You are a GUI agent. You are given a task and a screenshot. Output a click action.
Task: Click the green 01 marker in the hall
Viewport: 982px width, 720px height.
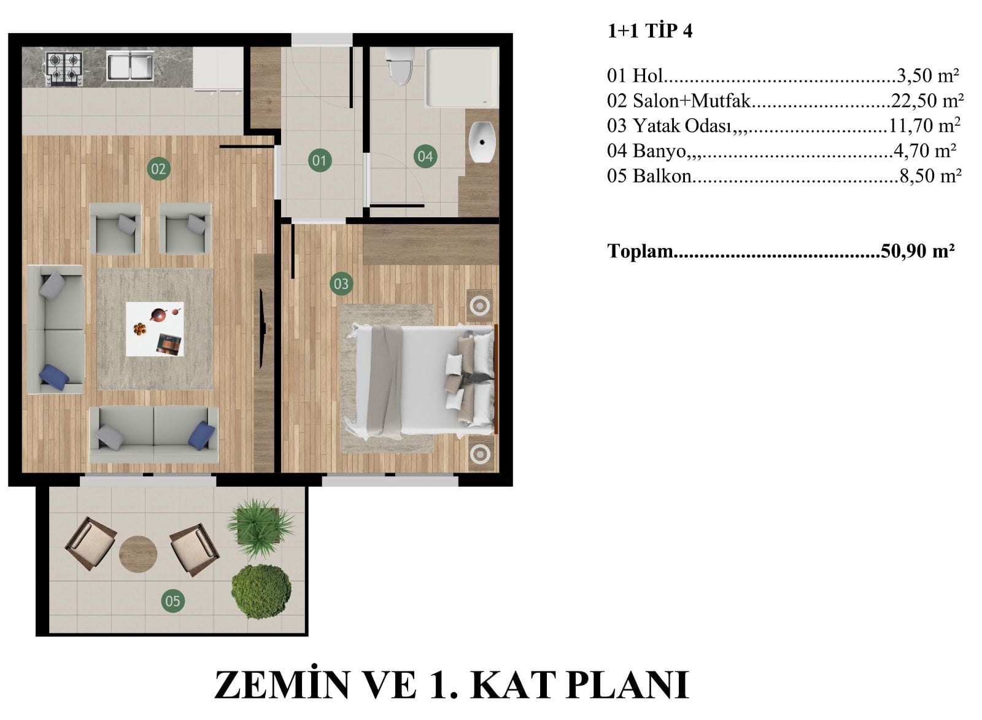(320, 160)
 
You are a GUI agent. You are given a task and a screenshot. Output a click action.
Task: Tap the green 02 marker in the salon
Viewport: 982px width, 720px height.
(158, 169)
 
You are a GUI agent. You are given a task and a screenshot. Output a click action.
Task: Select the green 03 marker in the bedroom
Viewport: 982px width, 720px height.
(341, 284)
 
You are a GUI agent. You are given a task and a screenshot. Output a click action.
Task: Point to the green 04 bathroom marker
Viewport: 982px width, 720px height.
(425, 156)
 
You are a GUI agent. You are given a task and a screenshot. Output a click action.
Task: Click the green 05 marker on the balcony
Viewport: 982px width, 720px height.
(172, 601)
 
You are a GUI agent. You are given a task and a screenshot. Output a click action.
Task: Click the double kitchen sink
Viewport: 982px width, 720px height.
(130, 66)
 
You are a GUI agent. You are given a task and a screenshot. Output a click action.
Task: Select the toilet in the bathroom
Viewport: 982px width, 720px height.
(400, 66)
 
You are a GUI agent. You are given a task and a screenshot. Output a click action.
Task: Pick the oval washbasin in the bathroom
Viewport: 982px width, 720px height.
(482, 142)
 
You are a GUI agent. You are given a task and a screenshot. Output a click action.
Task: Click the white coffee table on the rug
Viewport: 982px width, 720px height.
(155, 329)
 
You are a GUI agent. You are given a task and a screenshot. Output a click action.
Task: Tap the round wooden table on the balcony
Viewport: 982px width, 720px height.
(138, 554)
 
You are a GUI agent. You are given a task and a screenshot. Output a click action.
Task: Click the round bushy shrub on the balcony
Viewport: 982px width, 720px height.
(261, 592)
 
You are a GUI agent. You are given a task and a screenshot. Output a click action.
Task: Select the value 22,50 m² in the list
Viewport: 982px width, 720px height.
(927, 101)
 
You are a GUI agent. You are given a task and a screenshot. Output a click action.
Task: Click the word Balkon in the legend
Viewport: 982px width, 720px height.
(662, 176)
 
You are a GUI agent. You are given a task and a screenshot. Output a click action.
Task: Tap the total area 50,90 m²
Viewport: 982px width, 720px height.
(918, 251)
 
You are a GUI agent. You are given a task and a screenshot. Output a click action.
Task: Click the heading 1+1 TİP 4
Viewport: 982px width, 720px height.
(650, 31)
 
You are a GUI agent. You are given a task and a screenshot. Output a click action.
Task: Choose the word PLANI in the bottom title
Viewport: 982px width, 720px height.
(628, 684)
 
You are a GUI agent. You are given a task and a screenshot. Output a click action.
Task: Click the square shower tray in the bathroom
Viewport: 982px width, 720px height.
(462, 77)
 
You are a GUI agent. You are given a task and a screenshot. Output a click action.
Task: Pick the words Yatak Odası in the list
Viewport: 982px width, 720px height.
(682, 126)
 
